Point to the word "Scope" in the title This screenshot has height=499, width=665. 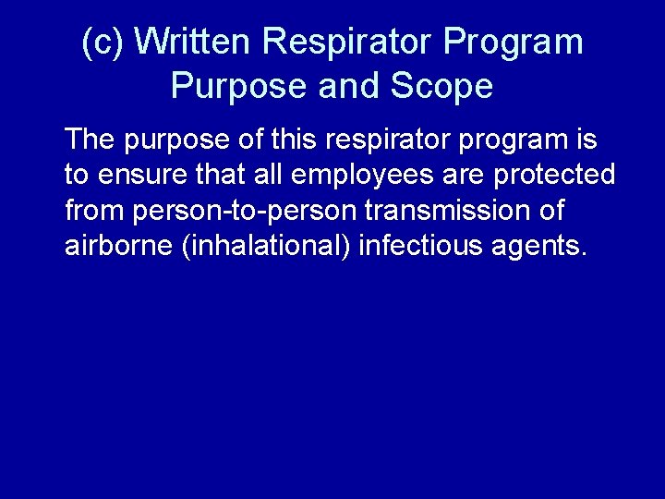441,86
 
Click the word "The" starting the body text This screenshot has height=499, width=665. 89,140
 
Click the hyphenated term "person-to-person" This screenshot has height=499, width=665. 245,212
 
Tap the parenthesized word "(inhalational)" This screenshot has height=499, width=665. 267,247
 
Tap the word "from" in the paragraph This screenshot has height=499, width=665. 95,212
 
